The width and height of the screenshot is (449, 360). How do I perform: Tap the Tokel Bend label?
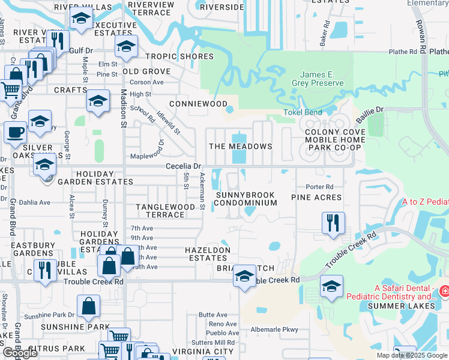point(303,112)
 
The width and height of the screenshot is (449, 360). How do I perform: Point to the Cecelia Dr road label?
point(183,166)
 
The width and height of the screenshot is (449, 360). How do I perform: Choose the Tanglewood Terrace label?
point(165,211)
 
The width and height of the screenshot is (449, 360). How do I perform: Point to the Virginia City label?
point(203,352)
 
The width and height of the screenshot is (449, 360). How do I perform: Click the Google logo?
point(21,353)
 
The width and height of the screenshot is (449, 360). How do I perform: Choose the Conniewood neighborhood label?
point(198,104)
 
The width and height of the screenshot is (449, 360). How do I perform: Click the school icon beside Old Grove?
point(126,47)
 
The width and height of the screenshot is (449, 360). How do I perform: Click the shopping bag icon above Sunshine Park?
point(88,306)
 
